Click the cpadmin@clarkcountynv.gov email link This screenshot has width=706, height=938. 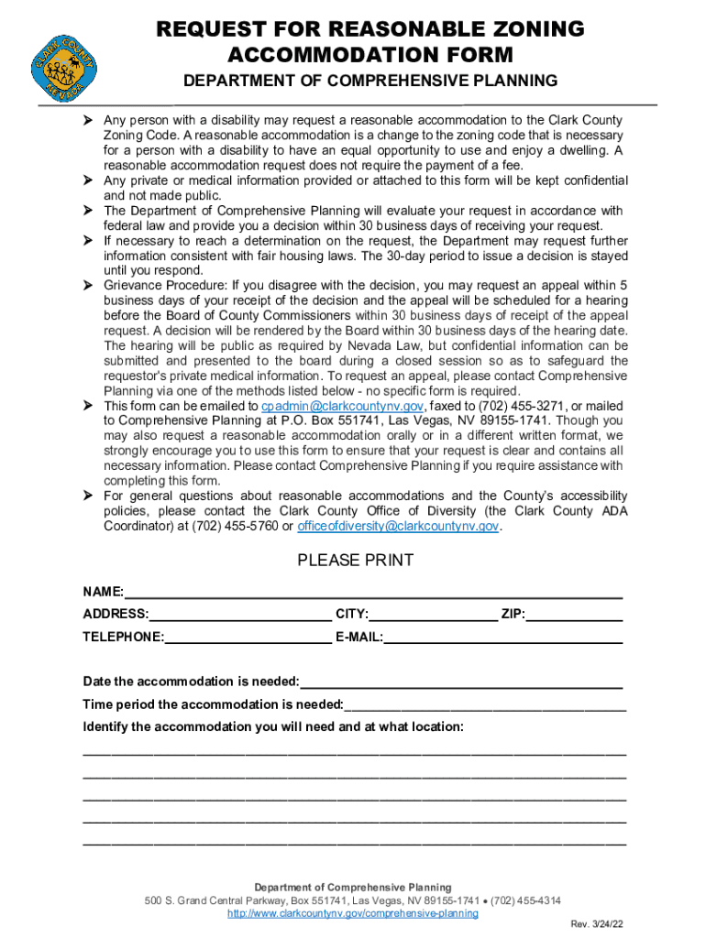[x=342, y=406]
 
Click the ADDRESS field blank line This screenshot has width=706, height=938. [x=240, y=614]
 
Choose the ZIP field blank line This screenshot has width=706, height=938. [x=575, y=614]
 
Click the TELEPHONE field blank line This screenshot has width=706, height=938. [x=248, y=637]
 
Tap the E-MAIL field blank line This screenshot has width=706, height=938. [x=503, y=637]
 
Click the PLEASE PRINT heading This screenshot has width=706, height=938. [x=356, y=561]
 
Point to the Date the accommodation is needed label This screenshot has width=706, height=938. [x=191, y=682]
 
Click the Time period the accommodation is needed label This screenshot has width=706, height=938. [x=213, y=704]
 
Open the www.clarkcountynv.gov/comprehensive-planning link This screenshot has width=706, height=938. [x=353, y=913]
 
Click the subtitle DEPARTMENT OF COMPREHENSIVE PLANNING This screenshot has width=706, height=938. [x=370, y=81]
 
